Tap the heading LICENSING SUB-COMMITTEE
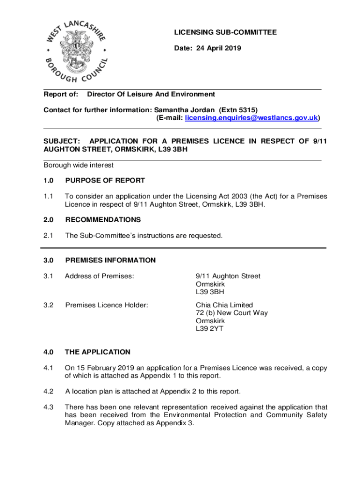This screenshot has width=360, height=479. (x=225, y=32)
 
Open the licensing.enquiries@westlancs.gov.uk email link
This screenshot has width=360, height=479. (x=252, y=118)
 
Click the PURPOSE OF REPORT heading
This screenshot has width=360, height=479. (x=105, y=181)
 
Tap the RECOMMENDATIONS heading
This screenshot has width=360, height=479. (x=103, y=220)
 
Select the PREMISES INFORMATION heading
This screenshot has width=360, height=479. (x=110, y=260)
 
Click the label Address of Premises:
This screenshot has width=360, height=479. (x=100, y=276)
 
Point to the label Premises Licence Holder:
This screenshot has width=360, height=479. (x=107, y=305)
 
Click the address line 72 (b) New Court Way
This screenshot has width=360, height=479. (x=232, y=313)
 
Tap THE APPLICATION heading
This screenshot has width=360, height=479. (x=98, y=352)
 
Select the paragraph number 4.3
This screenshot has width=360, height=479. (x=49, y=407)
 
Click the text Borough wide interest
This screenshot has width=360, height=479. (x=79, y=165)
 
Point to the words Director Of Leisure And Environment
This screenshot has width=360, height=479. (x=151, y=94)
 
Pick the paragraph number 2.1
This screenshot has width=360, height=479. (x=49, y=236)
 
